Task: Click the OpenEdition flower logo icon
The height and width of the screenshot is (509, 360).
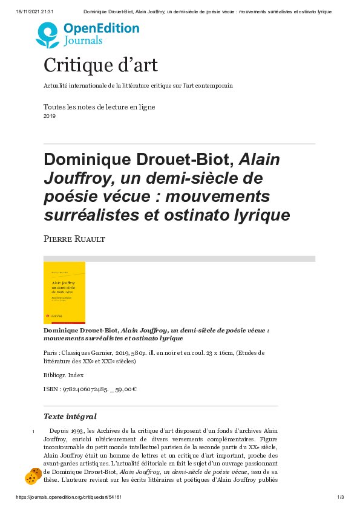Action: [x=48, y=35]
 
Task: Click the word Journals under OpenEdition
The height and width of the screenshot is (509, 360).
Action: [x=83, y=41]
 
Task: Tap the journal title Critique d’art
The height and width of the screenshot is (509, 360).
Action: [x=100, y=65]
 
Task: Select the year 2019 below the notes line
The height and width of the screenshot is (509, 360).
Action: [x=50, y=116]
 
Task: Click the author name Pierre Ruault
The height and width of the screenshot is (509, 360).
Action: [x=74, y=240]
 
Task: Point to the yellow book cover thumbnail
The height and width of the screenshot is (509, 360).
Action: [x=64, y=293]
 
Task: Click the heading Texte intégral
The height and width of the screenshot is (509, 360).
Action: [x=70, y=417]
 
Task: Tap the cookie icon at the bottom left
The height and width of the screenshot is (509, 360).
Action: [x=33, y=476]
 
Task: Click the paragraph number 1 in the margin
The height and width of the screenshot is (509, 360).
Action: [x=33, y=431]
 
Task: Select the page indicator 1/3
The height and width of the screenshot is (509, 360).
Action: [x=340, y=497]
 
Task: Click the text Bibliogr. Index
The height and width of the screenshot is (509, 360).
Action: [x=64, y=375]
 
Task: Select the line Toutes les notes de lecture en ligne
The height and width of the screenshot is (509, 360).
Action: [x=99, y=107]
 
